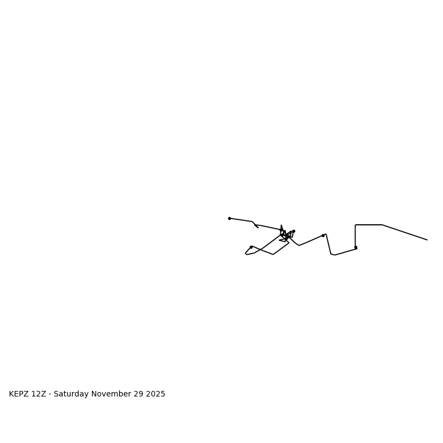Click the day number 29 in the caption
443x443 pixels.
(x=138, y=394)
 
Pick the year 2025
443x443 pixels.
(x=156, y=394)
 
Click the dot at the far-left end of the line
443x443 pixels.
(x=229, y=218)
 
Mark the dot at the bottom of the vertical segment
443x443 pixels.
(x=356, y=248)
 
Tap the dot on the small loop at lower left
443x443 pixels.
(x=251, y=247)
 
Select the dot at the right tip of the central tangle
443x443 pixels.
(x=293, y=231)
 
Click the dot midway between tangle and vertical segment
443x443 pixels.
(x=323, y=235)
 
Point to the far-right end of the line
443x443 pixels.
(x=427, y=240)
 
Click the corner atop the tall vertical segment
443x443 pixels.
(x=356, y=225)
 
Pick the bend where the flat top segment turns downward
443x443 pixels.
(x=382, y=225)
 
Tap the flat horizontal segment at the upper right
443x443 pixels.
(x=369, y=225)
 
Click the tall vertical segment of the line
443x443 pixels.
(x=356, y=236)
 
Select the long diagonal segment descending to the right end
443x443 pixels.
(x=404, y=232)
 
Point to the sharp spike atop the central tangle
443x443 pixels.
(x=281, y=225)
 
